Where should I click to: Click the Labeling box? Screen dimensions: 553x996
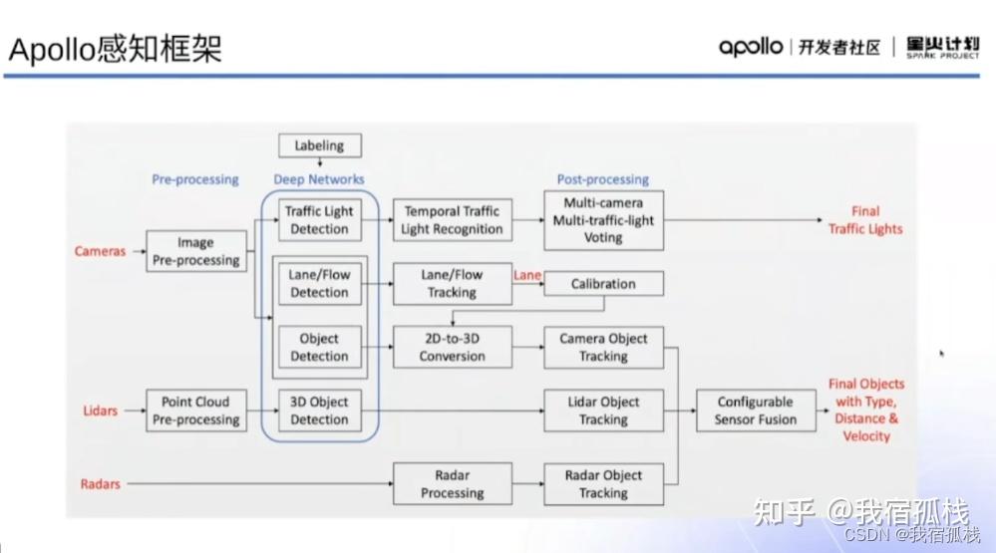click(x=319, y=145)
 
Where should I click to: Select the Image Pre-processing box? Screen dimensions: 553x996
click(x=195, y=251)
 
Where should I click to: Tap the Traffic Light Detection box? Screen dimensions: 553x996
click(x=319, y=220)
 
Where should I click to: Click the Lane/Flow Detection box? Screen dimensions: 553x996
click(x=319, y=283)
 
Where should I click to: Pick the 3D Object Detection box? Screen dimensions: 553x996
click(x=319, y=411)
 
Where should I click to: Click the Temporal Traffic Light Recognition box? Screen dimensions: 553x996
click(x=452, y=220)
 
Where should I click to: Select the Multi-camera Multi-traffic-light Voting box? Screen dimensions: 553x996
click(x=603, y=220)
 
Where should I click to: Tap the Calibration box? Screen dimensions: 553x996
click(x=603, y=284)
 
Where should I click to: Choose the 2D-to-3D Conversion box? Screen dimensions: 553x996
click(x=452, y=347)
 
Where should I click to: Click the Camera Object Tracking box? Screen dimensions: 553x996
click(x=603, y=347)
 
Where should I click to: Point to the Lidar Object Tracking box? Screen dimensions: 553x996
click(x=603, y=411)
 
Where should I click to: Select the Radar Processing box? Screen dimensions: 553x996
click(x=452, y=484)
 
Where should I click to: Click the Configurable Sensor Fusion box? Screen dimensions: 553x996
click(x=755, y=411)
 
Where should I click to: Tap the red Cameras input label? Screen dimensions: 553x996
click(x=101, y=251)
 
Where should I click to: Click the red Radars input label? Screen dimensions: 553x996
click(x=100, y=484)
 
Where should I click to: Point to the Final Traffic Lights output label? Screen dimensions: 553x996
click(x=864, y=220)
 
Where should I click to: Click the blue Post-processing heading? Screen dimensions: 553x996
click(x=603, y=179)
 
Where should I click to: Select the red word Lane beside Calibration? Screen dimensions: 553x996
click(x=526, y=274)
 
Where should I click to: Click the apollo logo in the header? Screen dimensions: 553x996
click(x=751, y=47)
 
